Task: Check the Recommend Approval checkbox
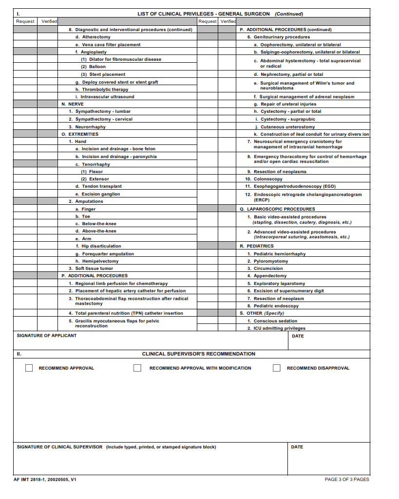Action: (x=29, y=368)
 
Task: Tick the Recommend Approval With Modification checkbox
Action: (x=137, y=368)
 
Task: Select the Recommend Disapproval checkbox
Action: (x=277, y=368)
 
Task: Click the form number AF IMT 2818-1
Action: (x=45, y=480)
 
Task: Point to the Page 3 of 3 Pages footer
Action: (x=347, y=480)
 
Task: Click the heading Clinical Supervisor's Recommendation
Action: (x=199, y=354)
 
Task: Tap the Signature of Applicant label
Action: (x=47, y=336)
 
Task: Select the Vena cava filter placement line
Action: (x=111, y=45)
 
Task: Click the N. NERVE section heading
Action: (x=73, y=104)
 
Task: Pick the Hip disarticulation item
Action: (x=101, y=246)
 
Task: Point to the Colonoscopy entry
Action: (x=268, y=179)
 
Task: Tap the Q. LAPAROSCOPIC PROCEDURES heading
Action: (x=277, y=209)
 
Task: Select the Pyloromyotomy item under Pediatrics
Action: (x=270, y=261)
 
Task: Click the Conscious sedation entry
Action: (x=275, y=321)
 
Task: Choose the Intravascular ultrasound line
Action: (x=108, y=97)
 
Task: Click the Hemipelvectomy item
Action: (x=100, y=261)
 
